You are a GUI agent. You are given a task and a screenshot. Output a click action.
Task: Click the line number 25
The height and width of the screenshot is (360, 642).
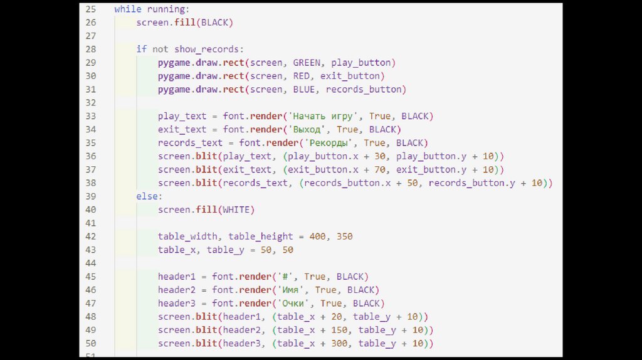pyautogui.click(x=91, y=9)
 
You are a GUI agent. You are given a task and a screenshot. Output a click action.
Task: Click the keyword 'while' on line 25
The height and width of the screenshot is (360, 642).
pyautogui.click(x=127, y=9)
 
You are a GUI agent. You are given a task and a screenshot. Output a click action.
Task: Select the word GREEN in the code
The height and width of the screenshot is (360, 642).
pyautogui.click(x=306, y=63)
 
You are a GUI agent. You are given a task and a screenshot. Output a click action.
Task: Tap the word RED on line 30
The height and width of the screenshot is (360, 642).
pyautogui.click(x=301, y=76)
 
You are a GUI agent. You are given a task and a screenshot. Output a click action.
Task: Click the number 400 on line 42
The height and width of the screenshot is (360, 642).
pyautogui.click(x=317, y=236)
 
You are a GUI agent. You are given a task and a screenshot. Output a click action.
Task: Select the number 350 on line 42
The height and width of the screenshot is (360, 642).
pyautogui.click(x=344, y=236)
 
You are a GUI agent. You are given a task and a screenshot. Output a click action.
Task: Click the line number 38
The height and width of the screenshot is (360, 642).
pyautogui.click(x=91, y=183)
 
